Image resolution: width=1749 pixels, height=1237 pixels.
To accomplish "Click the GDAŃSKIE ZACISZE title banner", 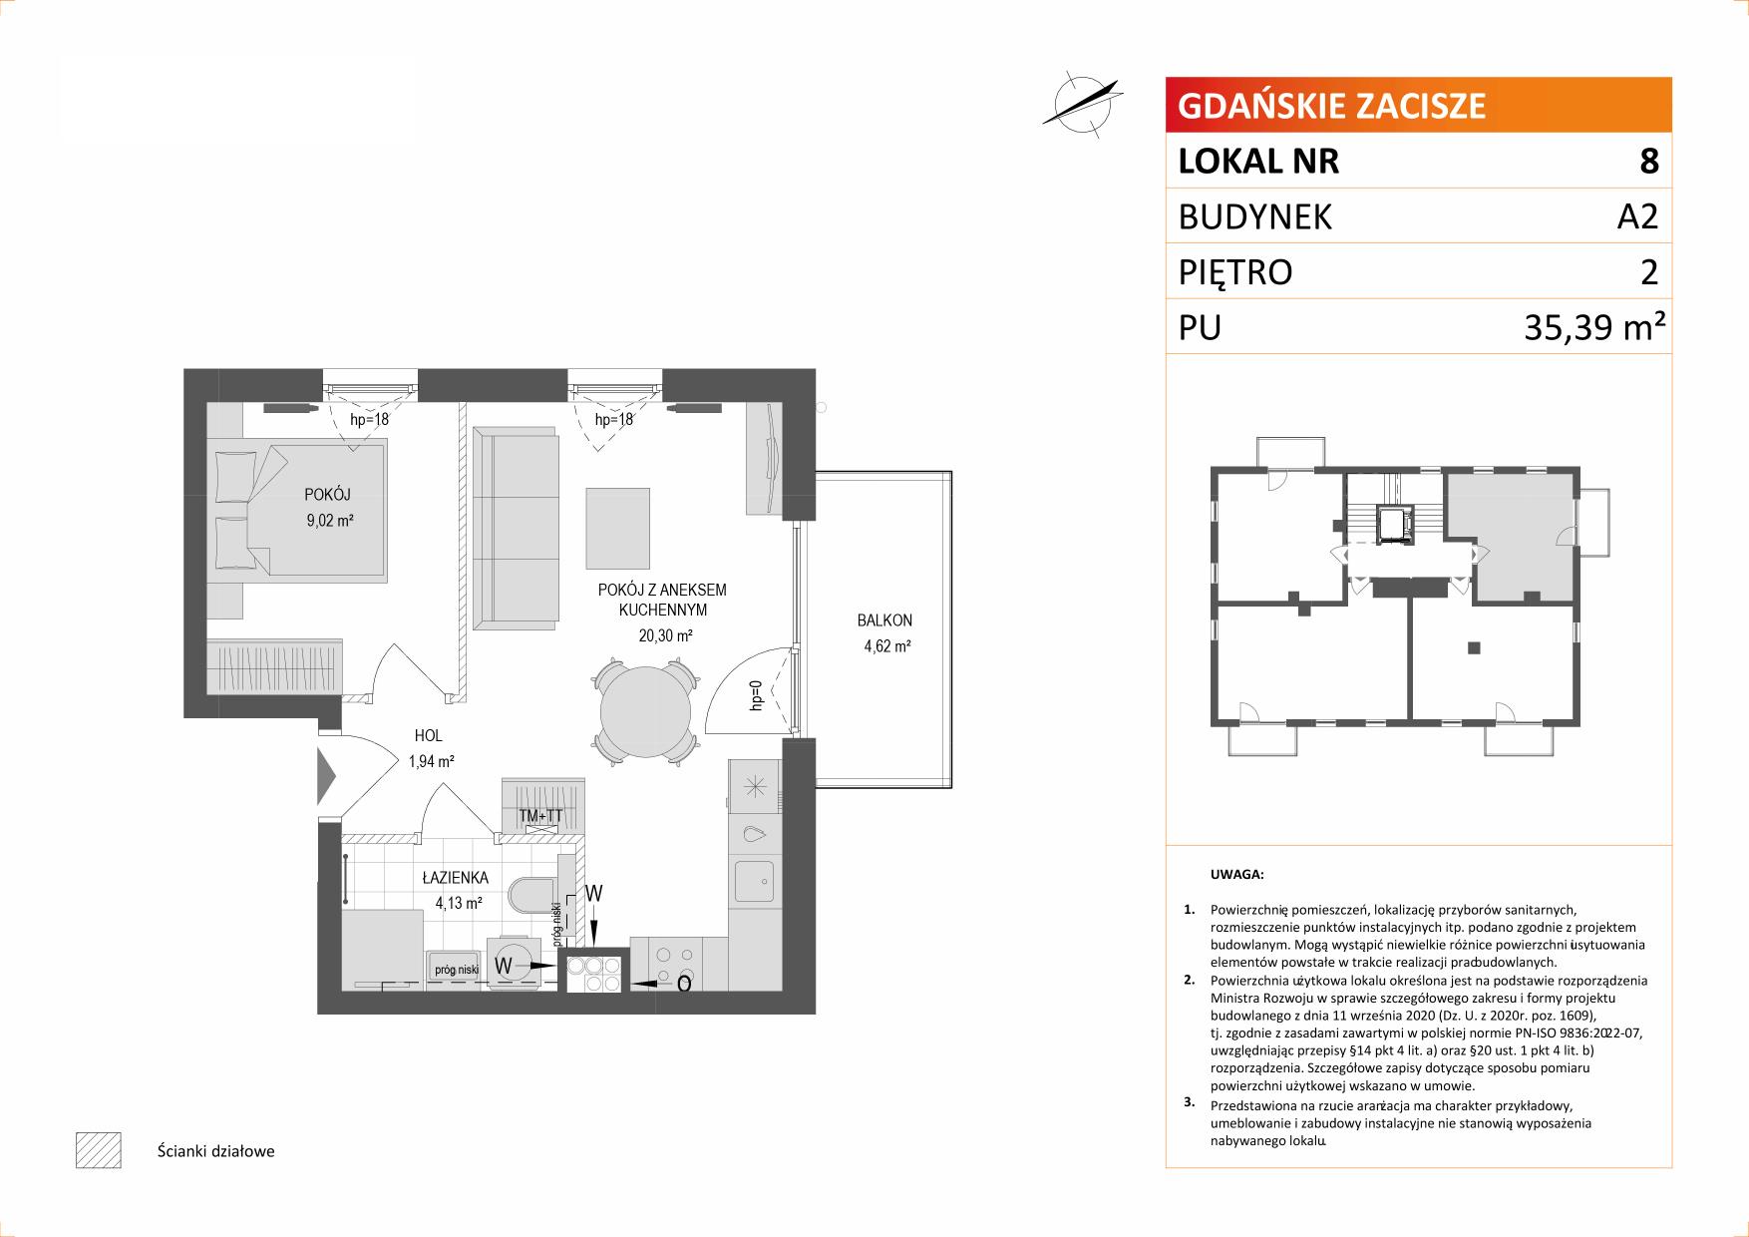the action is pos(1418,105).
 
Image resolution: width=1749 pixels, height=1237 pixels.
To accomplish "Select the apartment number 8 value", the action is pos(1649,161).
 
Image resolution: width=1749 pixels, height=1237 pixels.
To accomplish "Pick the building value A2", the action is pos(1637,216).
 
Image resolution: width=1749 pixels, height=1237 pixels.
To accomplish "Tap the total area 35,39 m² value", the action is pos(1592,326).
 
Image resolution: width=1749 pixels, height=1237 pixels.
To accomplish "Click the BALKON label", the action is pos(884,620).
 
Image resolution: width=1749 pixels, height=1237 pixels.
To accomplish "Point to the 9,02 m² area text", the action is pos(330,520).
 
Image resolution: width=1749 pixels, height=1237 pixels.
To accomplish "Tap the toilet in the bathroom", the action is pos(535,895).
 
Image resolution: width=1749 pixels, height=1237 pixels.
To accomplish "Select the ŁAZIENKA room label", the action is pos(455,879).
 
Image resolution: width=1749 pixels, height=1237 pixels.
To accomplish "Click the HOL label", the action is pos(429,736).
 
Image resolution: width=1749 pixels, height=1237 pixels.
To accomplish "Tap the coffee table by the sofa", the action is pos(618,528).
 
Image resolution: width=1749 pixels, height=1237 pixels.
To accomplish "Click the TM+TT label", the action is pos(541,816).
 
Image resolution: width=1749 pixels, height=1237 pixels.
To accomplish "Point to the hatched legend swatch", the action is pos(98,1150).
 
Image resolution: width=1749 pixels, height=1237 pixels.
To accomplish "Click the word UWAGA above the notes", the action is pos(1236,875).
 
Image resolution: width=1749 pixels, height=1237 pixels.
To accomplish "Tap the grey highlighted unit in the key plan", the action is pos(1512,537).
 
